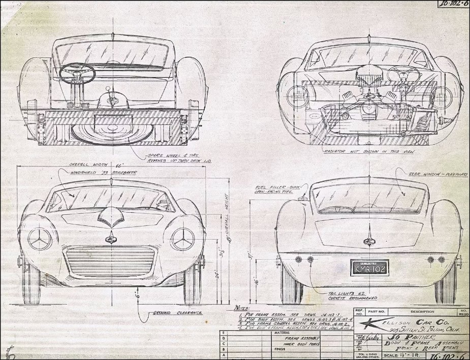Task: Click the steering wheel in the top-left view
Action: pos(77,72)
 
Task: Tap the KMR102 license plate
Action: pos(365,266)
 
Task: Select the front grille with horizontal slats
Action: pos(110,259)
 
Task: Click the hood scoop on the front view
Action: pos(110,220)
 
